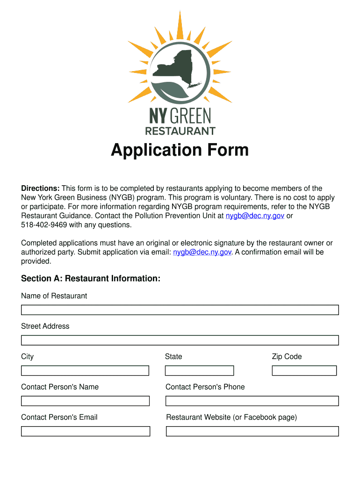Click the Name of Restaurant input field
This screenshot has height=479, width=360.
(x=180, y=310)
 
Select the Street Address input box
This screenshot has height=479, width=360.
(x=180, y=340)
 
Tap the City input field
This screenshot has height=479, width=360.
(x=85, y=370)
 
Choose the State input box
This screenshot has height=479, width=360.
(x=199, y=370)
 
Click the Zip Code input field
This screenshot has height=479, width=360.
(x=304, y=370)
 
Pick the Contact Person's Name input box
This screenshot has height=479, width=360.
(x=85, y=401)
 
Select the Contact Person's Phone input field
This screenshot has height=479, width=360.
(x=252, y=401)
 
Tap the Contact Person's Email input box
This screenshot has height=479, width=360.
(x=85, y=431)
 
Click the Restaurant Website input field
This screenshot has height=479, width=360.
(x=252, y=431)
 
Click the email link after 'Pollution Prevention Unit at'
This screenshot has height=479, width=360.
(x=255, y=216)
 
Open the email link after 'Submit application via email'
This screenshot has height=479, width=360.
(x=202, y=252)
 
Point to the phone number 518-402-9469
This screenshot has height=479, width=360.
(x=44, y=225)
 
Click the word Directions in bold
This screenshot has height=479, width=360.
(x=40, y=189)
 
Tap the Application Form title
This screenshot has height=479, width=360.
(x=180, y=150)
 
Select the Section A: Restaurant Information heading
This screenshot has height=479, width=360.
(x=91, y=279)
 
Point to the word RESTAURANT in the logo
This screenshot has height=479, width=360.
(x=180, y=131)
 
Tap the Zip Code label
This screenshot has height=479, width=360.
(x=287, y=356)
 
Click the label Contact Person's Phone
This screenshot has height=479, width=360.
(x=205, y=387)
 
